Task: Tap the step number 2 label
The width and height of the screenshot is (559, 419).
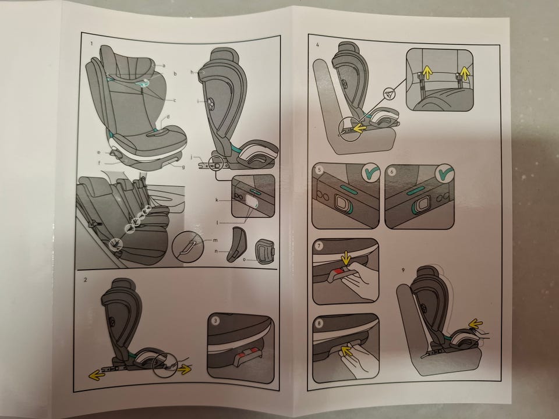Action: point(86,279)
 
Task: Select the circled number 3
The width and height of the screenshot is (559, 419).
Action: point(215,321)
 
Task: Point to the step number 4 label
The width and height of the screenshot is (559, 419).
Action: point(316,45)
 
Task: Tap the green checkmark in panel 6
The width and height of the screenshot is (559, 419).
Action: point(445,173)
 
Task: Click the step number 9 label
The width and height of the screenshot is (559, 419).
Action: point(403,268)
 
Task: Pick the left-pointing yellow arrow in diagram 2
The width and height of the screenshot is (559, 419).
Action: point(97,375)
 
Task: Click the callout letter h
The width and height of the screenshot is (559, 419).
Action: point(191,72)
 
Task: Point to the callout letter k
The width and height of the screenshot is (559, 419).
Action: point(217,201)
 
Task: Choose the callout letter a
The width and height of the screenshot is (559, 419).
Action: point(164,66)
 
